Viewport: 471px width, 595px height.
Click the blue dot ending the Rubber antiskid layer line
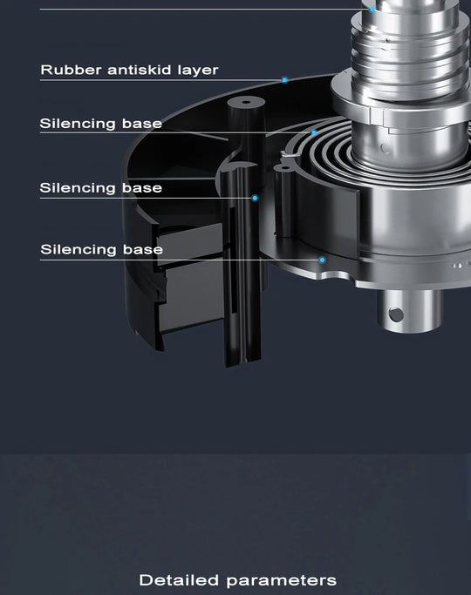pos(284,80)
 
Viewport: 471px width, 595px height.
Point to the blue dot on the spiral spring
pos(314,132)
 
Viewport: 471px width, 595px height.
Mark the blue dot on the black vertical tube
pos(255,198)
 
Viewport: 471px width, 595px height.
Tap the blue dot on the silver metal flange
pos(322,260)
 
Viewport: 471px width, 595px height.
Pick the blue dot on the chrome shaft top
pos(372,9)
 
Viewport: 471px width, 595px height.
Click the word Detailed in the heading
pos(179,580)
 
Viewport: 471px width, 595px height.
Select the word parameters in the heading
pos(282,581)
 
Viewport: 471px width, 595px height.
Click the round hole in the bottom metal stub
pos(396,314)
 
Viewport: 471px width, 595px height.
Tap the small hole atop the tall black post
pos(246,102)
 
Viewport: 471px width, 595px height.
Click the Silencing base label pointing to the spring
pos(100,124)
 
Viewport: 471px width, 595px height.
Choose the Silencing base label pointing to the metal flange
pos(101,250)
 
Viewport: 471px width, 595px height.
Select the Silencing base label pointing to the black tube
pos(100,188)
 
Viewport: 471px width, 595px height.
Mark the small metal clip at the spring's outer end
pos(289,153)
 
